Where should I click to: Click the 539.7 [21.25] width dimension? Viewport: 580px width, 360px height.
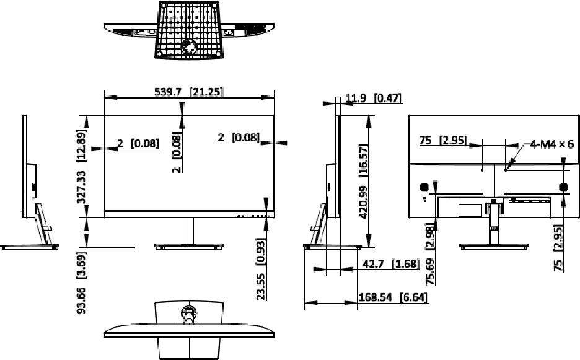pos(188,91)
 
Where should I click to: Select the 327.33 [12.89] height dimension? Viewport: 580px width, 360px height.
pos(81,166)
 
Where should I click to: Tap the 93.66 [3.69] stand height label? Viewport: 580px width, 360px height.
pos(81,283)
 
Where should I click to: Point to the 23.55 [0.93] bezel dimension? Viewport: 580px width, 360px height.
pos(261,269)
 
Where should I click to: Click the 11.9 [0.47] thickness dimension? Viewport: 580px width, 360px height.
pos(373,98)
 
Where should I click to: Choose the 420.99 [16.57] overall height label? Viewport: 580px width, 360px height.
pos(364,182)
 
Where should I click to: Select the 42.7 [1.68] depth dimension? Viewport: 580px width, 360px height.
pos(392,264)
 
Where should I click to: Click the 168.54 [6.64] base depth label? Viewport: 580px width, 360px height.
pos(393,297)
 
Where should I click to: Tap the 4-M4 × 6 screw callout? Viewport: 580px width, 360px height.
pos(551,144)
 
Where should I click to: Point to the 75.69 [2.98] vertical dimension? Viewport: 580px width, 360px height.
pos(430,254)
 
